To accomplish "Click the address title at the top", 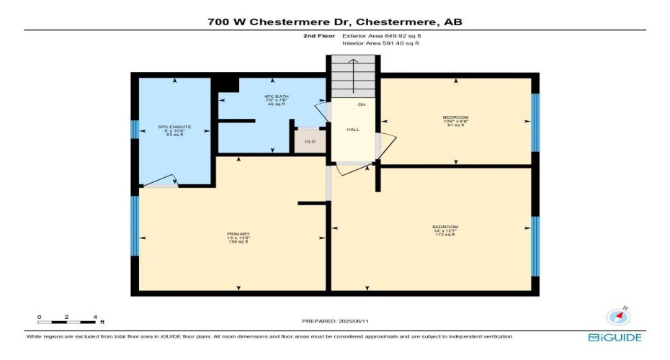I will pos(335,22).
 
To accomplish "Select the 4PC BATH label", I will pos(272,100).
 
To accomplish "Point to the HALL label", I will pos(353,130).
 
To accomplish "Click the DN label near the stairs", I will pos(362,105).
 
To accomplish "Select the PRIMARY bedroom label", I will pos(238,238).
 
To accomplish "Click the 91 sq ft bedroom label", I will pos(455,121).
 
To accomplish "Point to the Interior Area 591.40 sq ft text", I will pos(380,44).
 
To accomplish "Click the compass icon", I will pos(618,317).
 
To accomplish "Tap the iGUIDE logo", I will pos(615,337).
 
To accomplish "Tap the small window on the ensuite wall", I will pos(135,130).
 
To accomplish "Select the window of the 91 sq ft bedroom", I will pos(535,122).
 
